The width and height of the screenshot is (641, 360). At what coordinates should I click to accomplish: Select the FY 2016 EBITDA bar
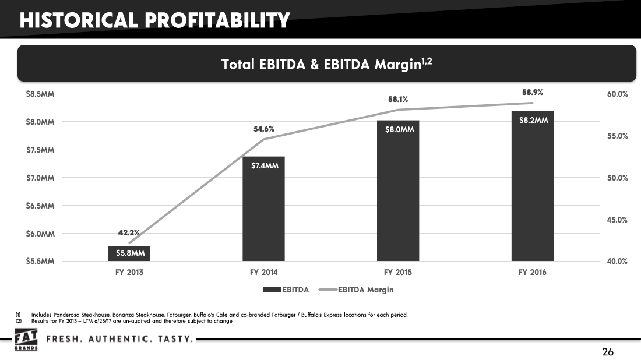click(532, 186)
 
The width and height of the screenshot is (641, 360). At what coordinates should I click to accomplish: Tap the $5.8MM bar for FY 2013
click(129, 253)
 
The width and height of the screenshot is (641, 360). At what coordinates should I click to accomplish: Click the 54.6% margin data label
click(263, 129)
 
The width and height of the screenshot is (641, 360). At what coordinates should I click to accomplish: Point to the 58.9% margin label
click(532, 92)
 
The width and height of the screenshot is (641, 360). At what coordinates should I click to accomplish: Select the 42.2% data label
click(129, 232)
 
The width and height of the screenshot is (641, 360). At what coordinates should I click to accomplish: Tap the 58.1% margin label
click(398, 100)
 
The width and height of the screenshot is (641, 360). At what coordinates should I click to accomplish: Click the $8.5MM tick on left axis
click(40, 94)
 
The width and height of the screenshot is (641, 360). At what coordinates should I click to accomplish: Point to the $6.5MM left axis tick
click(40, 206)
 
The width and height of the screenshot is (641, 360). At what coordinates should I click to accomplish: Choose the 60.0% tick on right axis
click(617, 94)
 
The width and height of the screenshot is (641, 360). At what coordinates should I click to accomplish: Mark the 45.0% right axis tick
click(617, 220)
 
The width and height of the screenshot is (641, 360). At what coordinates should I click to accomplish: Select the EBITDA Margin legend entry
click(366, 290)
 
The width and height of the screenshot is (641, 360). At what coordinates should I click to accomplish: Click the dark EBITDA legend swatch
click(272, 290)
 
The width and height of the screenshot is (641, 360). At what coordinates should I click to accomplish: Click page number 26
click(608, 352)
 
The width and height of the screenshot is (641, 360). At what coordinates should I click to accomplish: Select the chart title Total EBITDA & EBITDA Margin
click(326, 65)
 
